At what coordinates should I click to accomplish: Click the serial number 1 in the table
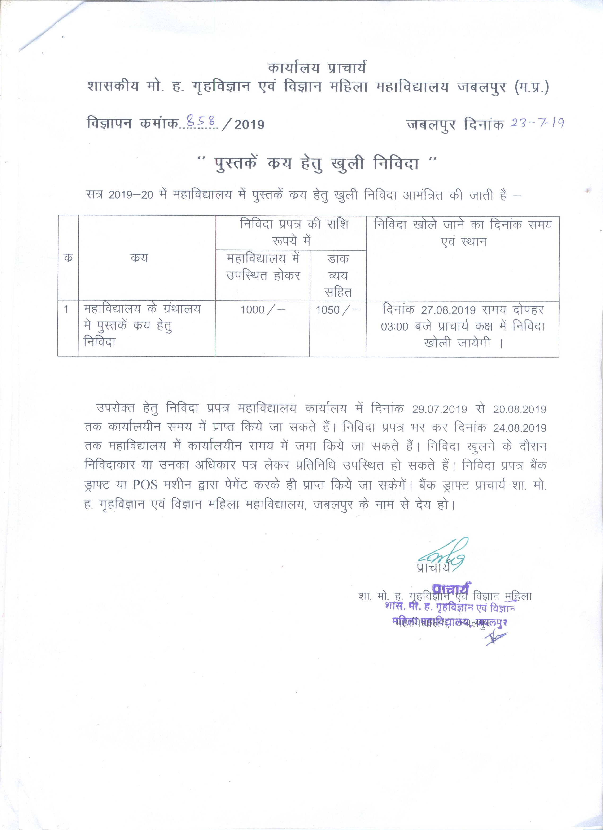click(x=66, y=310)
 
